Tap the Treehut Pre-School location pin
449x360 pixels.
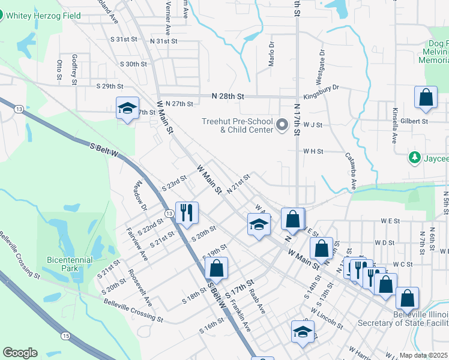click(x=283, y=125)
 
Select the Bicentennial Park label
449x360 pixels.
click(x=63, y=264)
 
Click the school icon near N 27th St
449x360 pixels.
click(x=127, y=108)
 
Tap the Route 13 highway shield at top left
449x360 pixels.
click(x=20, y=109)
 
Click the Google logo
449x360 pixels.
click(x=20, y=353)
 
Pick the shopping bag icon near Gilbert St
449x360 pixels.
click(x=426, y=98)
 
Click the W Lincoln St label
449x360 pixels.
click(x=327, y=317)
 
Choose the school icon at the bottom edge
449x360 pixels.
click(x=303, y=331)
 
